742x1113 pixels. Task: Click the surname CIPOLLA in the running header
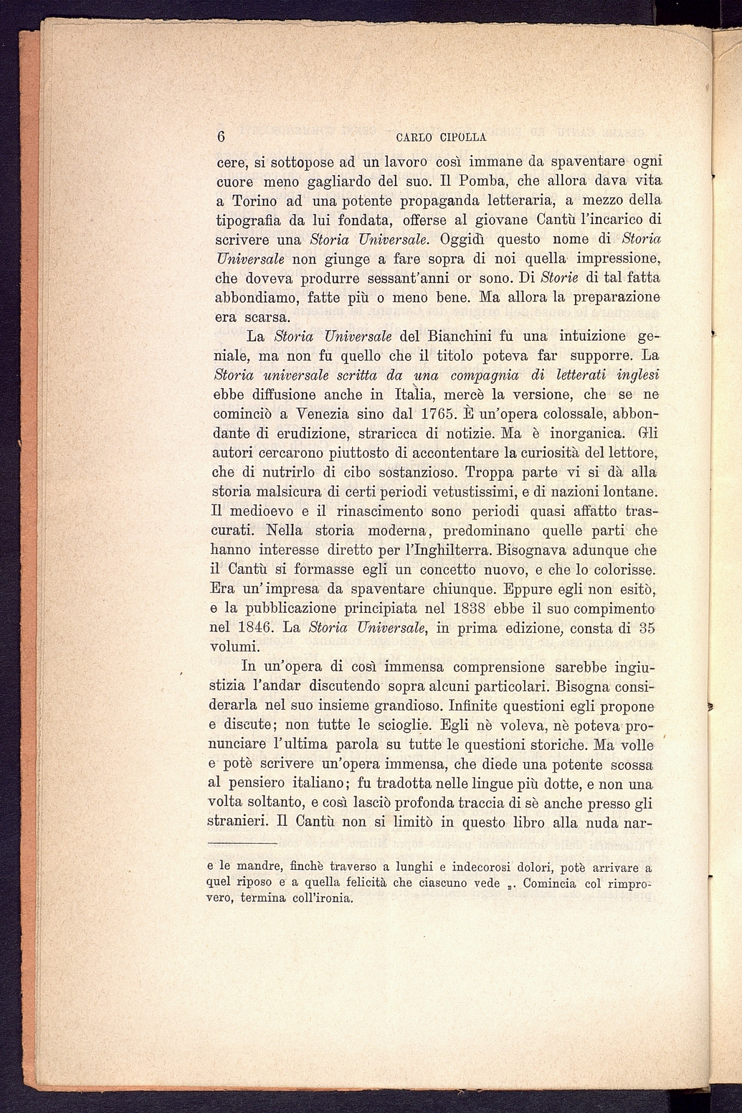click(x=460, y=137)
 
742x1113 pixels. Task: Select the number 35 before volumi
click(x=647, y=628)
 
